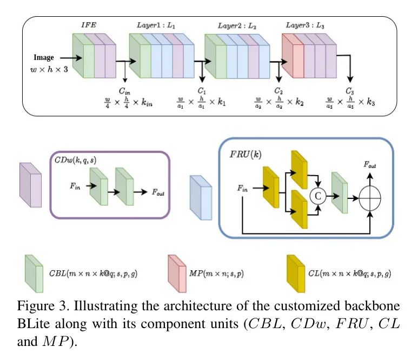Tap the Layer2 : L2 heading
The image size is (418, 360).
pyautogui.click(x=236, y=25)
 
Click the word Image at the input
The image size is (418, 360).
pyautogui.click(x=44, y=57)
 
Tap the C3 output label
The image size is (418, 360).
pyautogui.click(x=351, y=91)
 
